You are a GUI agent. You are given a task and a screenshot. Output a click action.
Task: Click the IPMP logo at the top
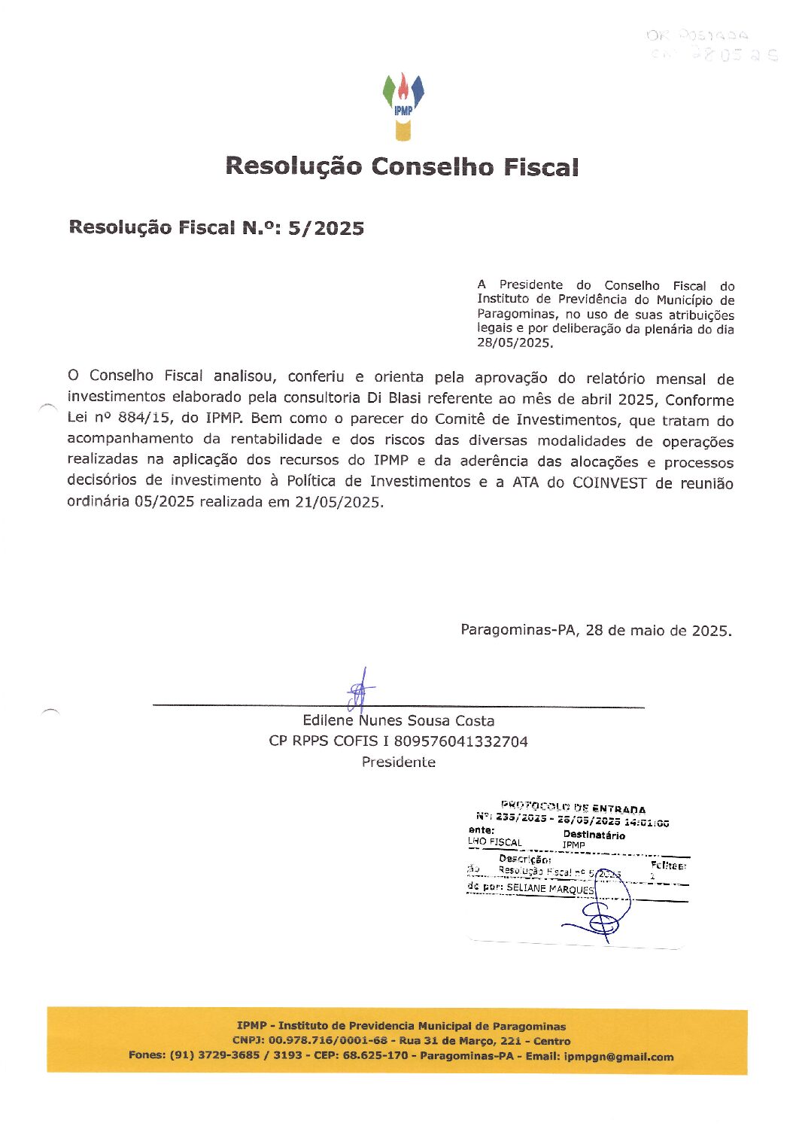pos(403,106)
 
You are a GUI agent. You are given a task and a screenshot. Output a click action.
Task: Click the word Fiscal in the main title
pos(541,166)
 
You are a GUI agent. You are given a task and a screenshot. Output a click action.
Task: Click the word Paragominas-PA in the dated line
pos(518,630)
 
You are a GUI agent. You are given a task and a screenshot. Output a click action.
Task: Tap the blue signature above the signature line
pos(360,689)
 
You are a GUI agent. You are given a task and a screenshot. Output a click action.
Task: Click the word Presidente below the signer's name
pos(398,762)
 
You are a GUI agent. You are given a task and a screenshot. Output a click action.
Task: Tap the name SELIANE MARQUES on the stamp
pos(550,888)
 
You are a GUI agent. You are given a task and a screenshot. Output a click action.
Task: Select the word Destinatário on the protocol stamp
pos(594,835)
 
